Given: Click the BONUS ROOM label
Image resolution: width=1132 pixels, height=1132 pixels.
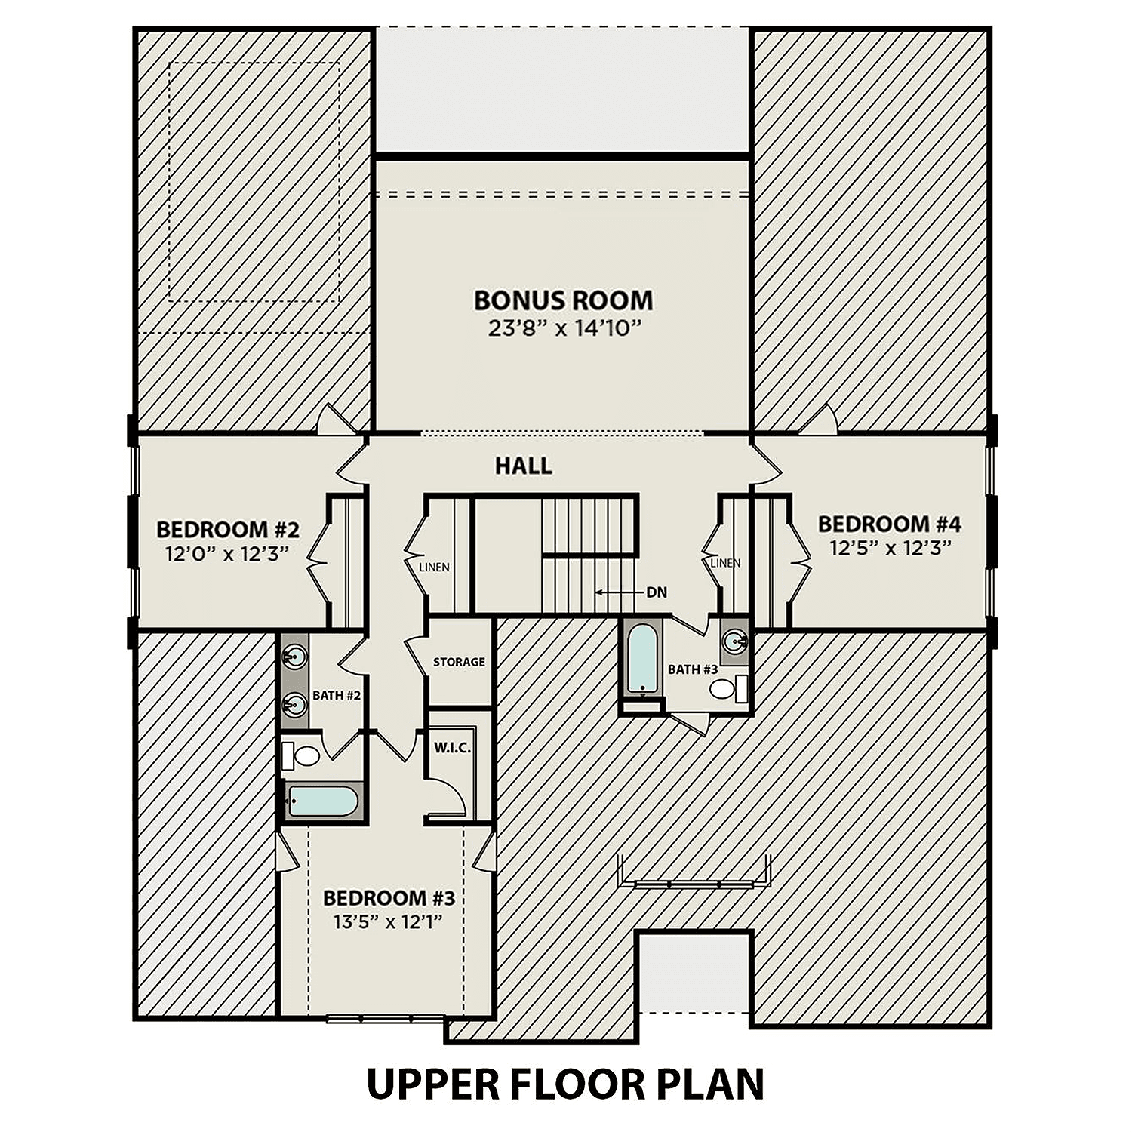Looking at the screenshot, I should pyautogui.click(x=563, y=300).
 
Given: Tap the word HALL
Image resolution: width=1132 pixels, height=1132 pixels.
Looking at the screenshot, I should pyautogui.click(x=523, y=466).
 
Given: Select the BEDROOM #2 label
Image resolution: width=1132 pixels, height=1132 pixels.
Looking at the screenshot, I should pyautogui.click(x=228, y=528).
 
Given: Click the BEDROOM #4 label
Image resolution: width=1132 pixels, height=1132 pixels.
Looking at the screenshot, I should pyautogui.click(x=889, y=524).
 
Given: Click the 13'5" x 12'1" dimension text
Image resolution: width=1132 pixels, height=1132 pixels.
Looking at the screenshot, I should pyautogui.click(x=387, y=921).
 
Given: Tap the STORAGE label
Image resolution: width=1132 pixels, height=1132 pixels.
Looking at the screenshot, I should pyautogui.click(x=459, y=662).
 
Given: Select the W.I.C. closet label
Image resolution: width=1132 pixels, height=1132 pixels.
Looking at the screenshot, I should pyautogui.click(x=452, y=748).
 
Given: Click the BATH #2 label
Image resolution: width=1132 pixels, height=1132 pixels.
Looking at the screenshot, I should pyautogui.click(x=337, y=695).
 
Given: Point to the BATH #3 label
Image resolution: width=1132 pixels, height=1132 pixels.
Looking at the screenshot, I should pyautogui.click(x=692, y=669).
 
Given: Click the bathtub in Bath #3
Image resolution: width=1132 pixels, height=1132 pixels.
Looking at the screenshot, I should pyautogui.click(x=642, y=659).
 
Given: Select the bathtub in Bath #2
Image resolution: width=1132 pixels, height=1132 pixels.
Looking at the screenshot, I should pyautogui.click(x=323, y=801).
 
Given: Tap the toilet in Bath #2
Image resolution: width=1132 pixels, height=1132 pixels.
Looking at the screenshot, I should pyautogui.click(x=303, y=755).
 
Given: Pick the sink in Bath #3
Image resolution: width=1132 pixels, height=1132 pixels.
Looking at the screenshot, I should pyautogui.click(x=734, y=641).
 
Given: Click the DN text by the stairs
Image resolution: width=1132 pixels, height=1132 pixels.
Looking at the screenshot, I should pyautogui.click(x=657, y=592).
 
